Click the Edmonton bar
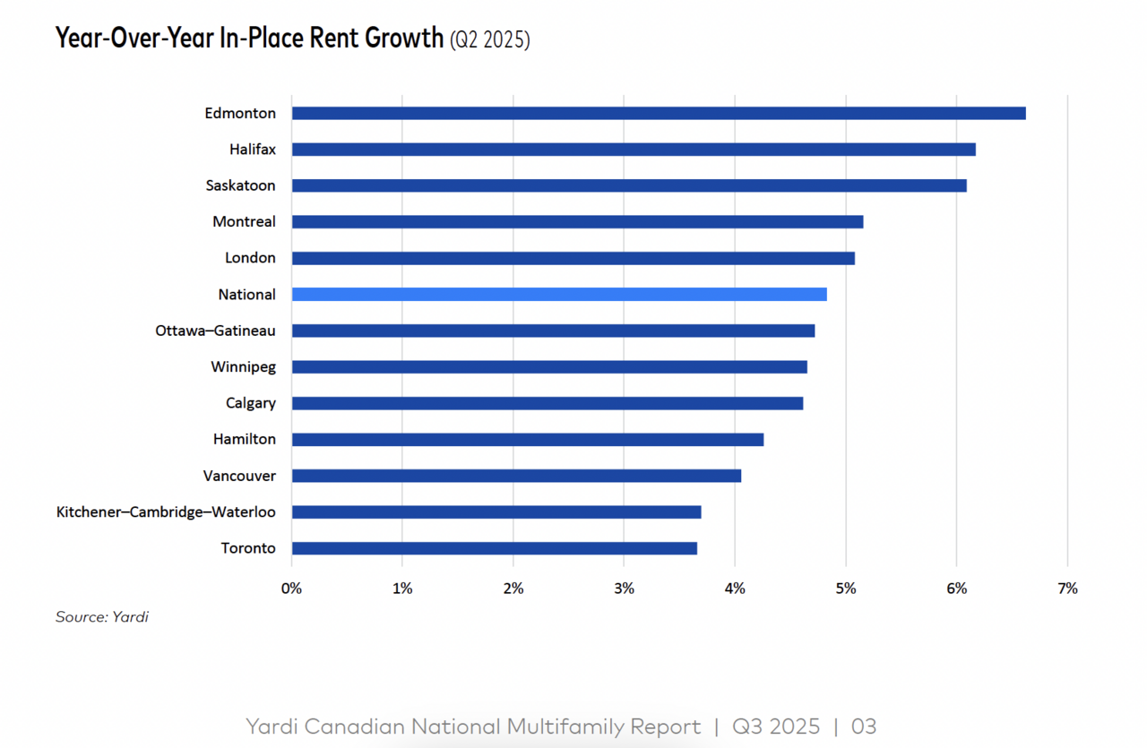(x=659, y=113)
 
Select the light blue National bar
(x=559, y=294)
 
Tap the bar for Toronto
(x=494, y=548)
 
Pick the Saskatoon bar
(x=629, y=185)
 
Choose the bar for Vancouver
(x=516, y=476)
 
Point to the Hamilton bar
(x=528, y=439)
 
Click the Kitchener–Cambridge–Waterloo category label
(x=166, y=512)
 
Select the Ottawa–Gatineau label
(x=215, y=331)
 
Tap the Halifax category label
(x=252, y=150)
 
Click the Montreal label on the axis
(x=244, y=221)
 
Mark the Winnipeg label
(x=243, y=366)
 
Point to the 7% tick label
(x=1067, y=589)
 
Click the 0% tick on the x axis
(x=291, y=589)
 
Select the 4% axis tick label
(x=735, y=589)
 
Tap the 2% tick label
(x=513, y=589)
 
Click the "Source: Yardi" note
(x=101, y=617)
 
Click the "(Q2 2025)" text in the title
(x=489, y=39)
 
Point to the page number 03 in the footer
(x=864, y=726)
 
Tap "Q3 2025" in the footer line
(x=775, y=726)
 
